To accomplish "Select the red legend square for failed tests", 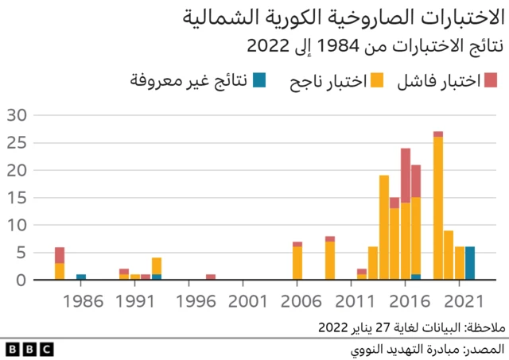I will [x=490, y=79].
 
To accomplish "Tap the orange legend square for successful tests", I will [x=378, y=79].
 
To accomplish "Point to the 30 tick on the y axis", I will [x=17, y=115].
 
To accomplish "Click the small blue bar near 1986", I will [x=81, y=277].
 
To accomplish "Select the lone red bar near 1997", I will [x=211, y=277].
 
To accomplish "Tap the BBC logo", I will [x=29, y=349].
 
